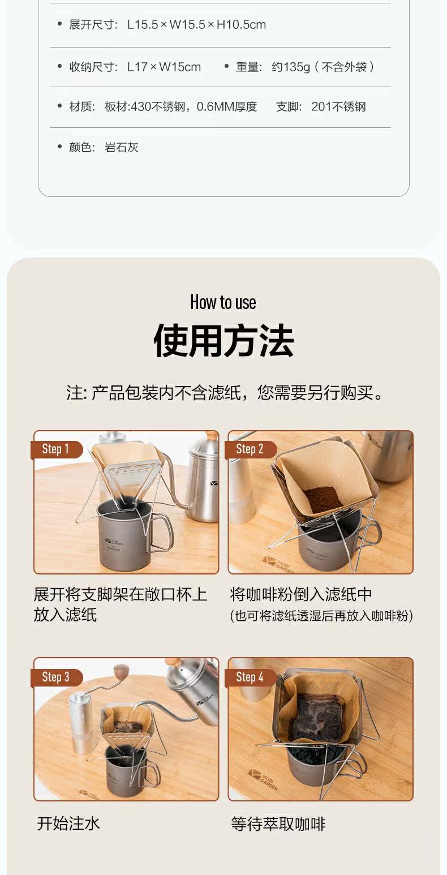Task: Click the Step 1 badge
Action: click(57, 449)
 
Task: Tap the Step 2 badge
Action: click(251, 449)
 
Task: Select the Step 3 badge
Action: click(57, 677)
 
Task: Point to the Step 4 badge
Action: click(251, 677)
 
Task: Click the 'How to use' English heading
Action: click(223, 302)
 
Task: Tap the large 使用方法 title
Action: click(223, 341)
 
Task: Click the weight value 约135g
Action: click(291, 67)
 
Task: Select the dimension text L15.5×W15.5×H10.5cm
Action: click(196, 24)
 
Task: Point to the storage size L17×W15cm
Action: click(164, 67)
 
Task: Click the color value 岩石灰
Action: click(122, 147)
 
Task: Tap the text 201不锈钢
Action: click(338, 106)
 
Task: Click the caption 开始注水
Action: click(68, 824)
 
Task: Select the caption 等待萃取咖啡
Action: click(278, 824)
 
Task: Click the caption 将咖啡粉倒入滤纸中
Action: click(300, 594)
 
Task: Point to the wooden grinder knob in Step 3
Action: click(119, 671)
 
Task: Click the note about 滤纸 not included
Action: click(225, 393)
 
